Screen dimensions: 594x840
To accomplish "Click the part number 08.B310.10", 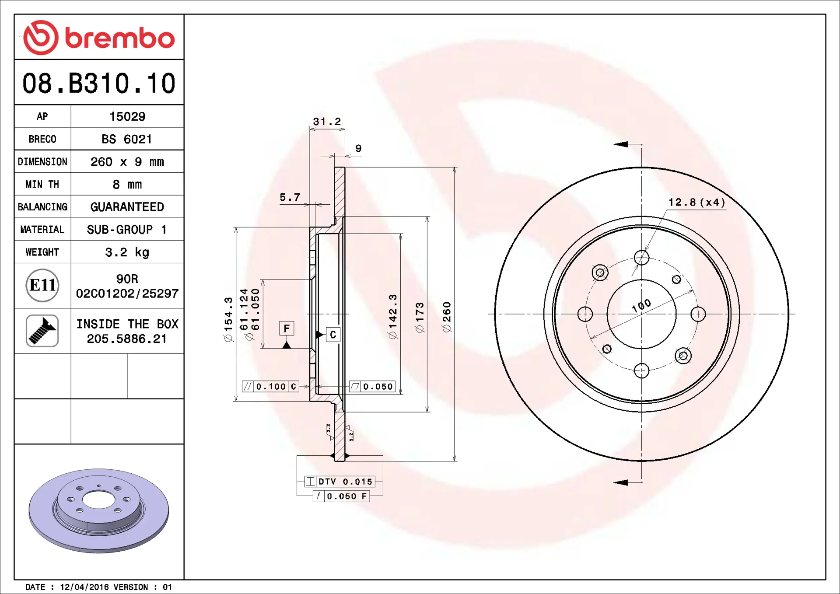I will point(99,83).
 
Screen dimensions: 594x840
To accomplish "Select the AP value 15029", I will point(127,116).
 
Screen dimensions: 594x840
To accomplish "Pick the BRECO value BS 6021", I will point(127,139).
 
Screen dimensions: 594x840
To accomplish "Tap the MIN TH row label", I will point(42,184).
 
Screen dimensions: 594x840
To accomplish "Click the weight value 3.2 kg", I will point(127,252).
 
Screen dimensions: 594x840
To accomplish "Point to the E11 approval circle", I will point(42,285).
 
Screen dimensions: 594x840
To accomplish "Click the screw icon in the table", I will point(42,331).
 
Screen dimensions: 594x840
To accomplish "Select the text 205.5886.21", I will point(127,339).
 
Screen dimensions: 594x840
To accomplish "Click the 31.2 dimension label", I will point(327,122).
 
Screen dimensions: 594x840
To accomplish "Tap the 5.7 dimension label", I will point(290,197).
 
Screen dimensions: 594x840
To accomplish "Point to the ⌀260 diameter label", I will point(447,317).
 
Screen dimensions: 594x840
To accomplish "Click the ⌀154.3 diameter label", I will point(228,319).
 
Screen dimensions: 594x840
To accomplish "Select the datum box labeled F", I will point(287,328).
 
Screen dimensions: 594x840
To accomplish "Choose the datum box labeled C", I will point(333,335).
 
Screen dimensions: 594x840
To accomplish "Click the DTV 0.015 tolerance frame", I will point(340,482).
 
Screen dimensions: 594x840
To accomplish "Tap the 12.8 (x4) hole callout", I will point(696,202).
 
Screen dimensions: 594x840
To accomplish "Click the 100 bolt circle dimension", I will point(641,305).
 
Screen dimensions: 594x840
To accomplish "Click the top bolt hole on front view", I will point(641,258).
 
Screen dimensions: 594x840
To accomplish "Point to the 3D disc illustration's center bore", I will point(98,500).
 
